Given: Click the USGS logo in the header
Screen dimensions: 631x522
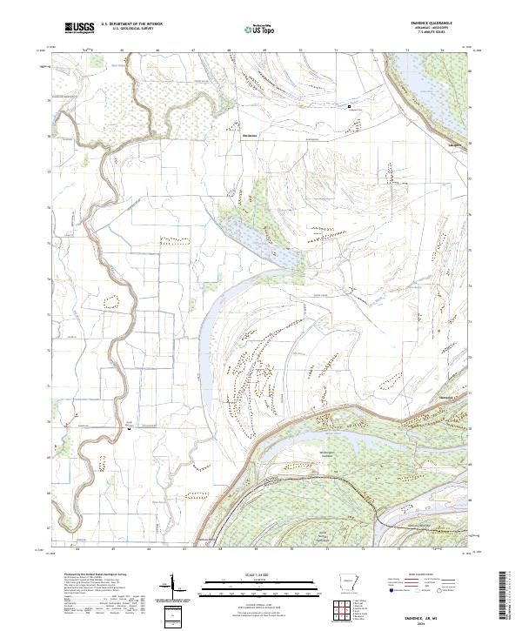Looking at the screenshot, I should [79, 28].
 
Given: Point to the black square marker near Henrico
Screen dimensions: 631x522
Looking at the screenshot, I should [350, 106].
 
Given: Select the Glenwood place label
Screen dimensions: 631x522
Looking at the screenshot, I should [448, 395].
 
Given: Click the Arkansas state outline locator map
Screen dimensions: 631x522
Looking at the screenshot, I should [346, 583].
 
